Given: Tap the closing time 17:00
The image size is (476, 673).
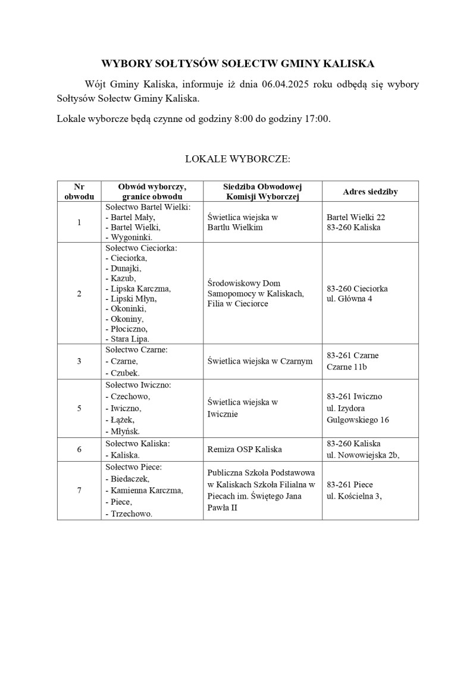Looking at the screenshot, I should pos(317,118).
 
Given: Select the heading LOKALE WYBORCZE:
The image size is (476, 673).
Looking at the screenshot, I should pos(237,159).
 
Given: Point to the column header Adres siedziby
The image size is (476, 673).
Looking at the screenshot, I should pos(370,192).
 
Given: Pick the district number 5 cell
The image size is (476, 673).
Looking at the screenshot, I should pos(79,408).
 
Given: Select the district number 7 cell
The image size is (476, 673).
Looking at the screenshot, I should pos(79,490).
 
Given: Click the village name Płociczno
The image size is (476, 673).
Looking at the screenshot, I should pos(129,328).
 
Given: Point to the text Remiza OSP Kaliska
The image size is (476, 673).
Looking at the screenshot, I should pos(245,450).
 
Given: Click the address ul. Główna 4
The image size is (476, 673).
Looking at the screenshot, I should pos(349,299).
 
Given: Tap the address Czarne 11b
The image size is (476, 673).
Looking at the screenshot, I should pos(347,367).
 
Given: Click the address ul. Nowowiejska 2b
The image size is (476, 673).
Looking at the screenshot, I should pos(363,455).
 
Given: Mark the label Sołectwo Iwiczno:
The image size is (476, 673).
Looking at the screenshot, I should pos(138,385).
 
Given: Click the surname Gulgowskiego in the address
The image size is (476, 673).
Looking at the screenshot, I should pos(352,420).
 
